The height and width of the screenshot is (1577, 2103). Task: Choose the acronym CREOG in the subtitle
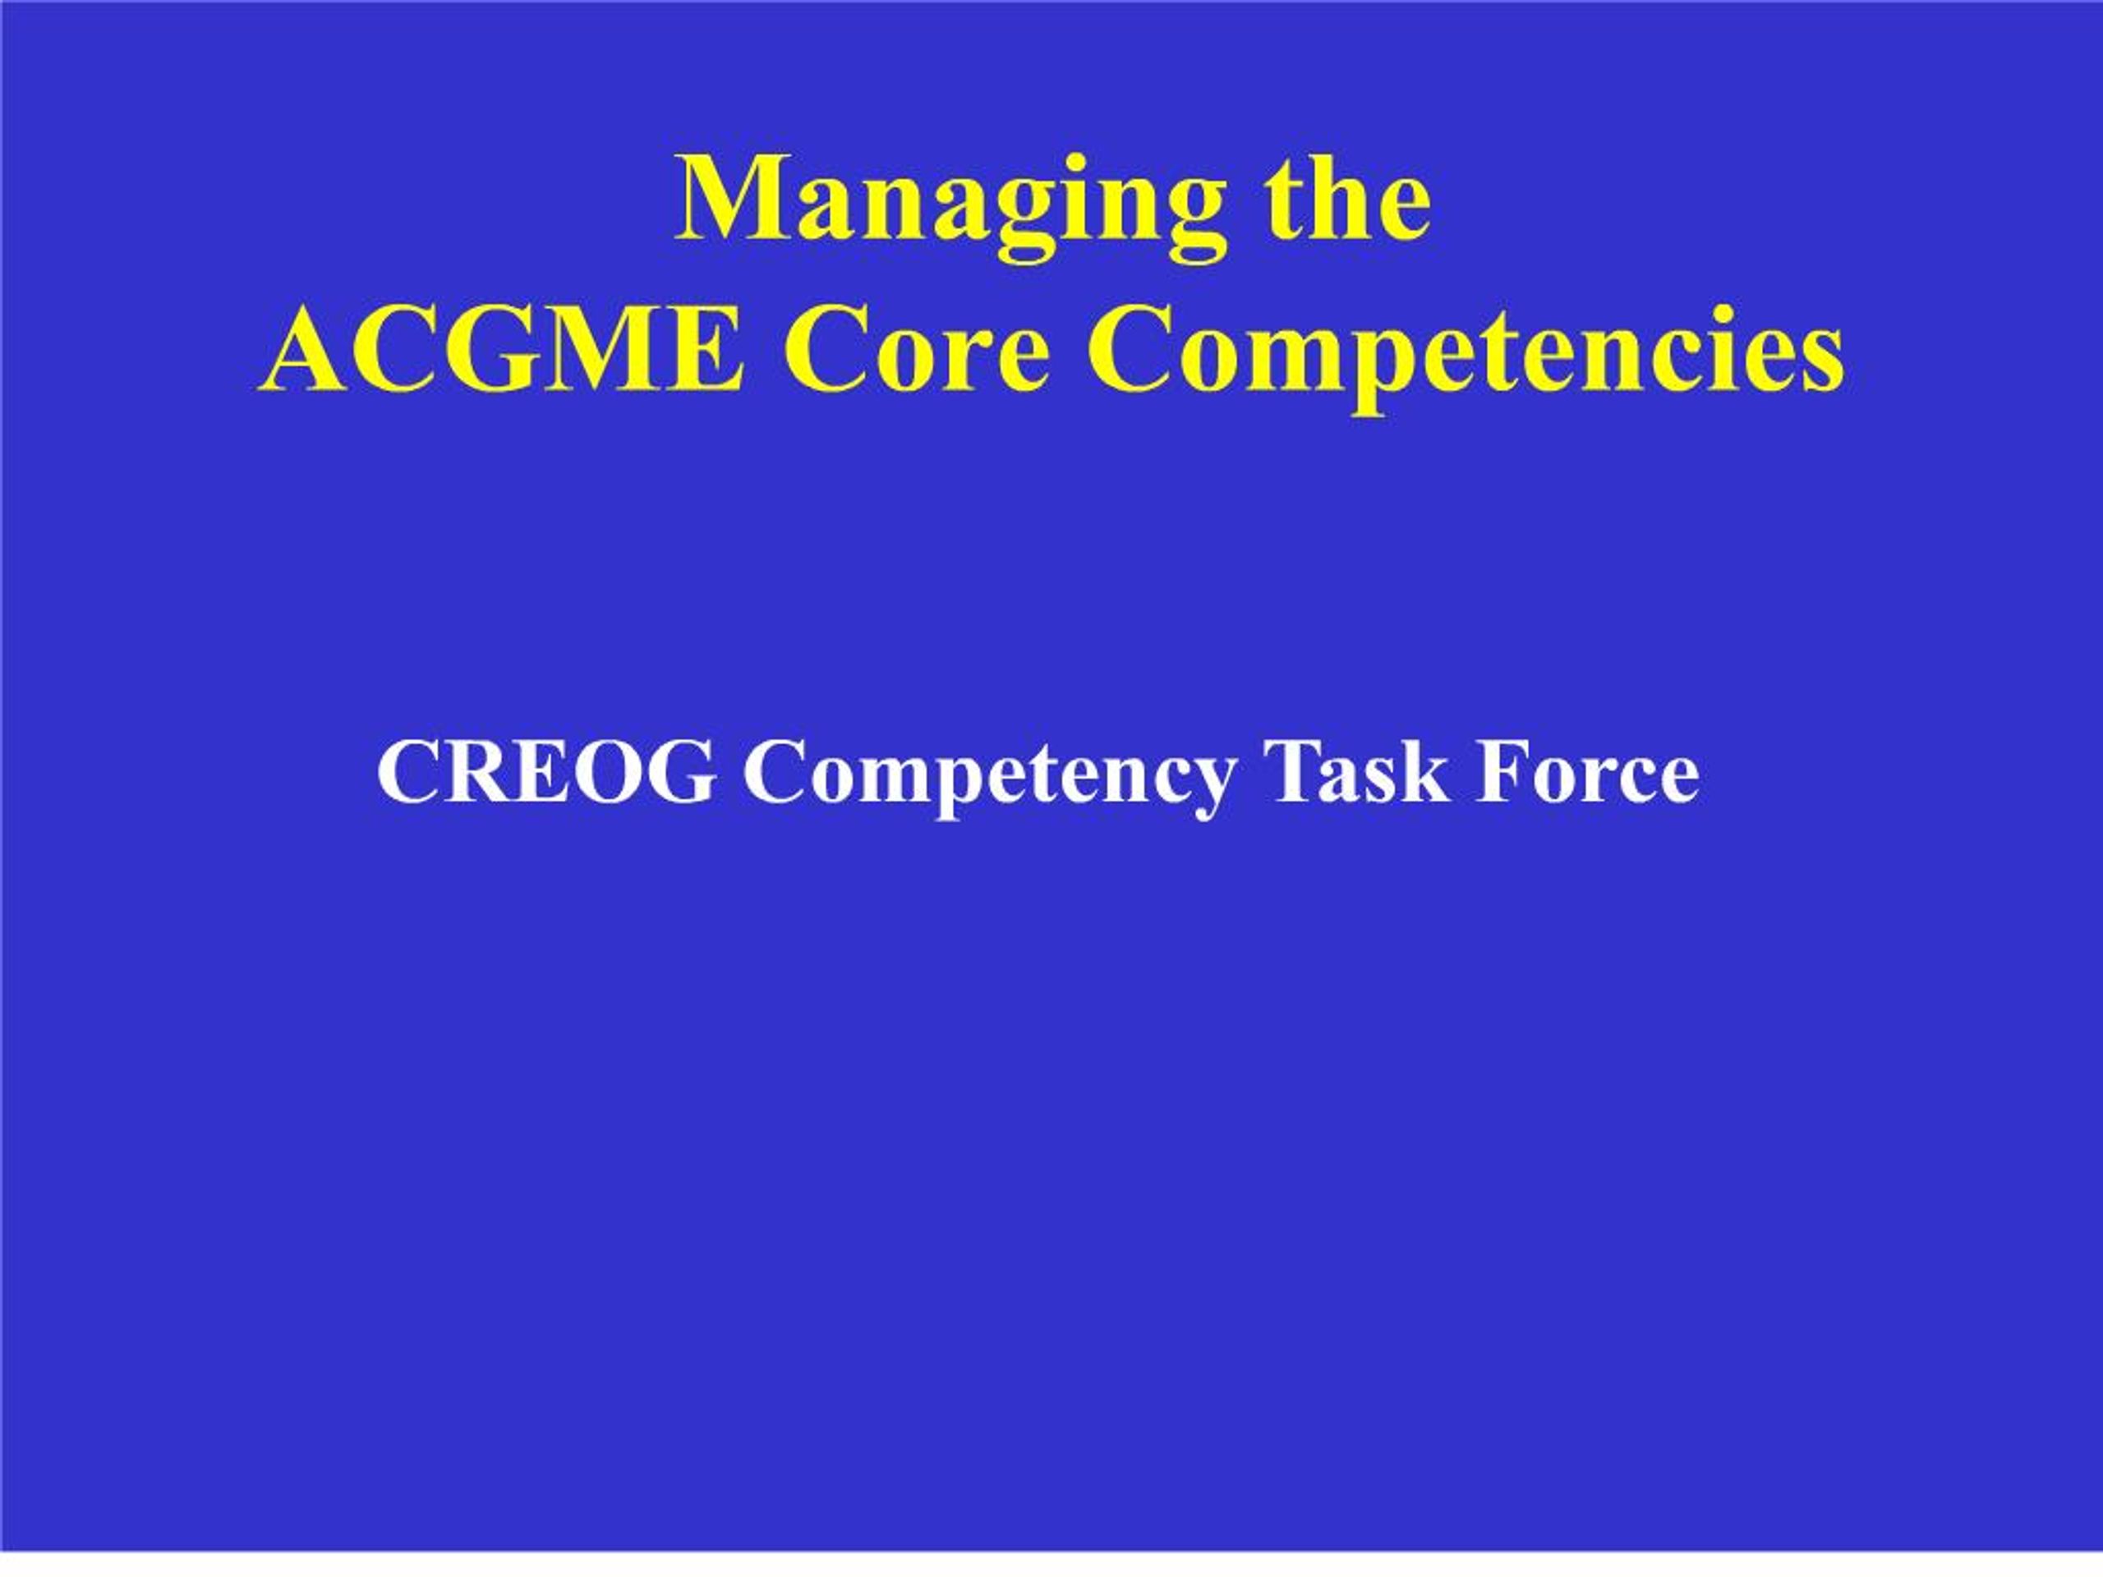click(x=545, y=773)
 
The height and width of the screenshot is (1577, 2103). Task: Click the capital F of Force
click(x=1503, y=773)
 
